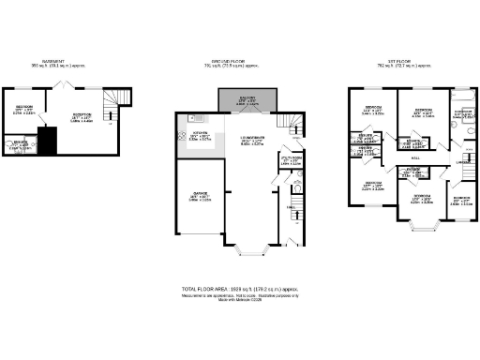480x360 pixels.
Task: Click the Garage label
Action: click(x=202, y=196)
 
